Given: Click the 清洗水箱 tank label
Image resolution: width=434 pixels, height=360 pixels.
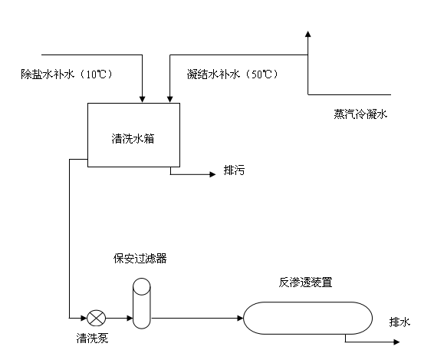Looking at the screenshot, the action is (133, 139).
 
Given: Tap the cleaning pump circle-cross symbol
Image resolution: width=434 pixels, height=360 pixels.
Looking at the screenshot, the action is (97, 318).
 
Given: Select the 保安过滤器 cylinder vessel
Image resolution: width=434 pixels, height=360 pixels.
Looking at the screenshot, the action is (142, 303).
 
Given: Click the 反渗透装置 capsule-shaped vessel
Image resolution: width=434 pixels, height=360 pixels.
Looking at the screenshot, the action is (307, 318).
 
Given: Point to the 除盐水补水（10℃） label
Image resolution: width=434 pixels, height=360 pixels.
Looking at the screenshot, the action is (67, 74).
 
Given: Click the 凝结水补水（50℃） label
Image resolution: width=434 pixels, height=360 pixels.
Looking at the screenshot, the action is (232, 74).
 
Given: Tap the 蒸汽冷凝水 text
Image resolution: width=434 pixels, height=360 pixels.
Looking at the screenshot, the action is (360, 114).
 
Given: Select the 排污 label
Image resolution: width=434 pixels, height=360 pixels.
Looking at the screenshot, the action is (234, 170).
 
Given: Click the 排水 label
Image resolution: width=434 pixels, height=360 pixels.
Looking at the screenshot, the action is (399, 322).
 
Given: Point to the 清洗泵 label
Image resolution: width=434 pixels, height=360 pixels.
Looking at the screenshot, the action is (92, 338).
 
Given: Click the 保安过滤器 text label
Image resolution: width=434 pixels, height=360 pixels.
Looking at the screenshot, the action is (140, 258).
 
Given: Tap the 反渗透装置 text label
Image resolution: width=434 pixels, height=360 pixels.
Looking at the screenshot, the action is (305, 282).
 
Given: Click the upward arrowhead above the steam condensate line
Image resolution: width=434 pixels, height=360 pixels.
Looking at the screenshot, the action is (307, 34).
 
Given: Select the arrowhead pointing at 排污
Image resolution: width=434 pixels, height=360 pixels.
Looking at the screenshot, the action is (212, 174).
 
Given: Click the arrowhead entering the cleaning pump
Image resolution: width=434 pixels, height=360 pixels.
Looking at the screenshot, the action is (84, 318).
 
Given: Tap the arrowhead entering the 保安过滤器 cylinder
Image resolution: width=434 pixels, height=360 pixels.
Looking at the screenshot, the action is (130, 318).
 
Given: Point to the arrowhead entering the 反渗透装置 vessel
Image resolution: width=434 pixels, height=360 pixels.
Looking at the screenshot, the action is (240, 318).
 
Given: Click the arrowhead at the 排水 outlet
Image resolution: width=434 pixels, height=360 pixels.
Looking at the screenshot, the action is (396, 342).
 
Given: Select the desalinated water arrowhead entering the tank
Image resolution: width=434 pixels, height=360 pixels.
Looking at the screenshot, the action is (143, 100).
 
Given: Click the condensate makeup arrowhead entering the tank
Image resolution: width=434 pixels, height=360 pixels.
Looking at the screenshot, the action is (170, 100).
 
